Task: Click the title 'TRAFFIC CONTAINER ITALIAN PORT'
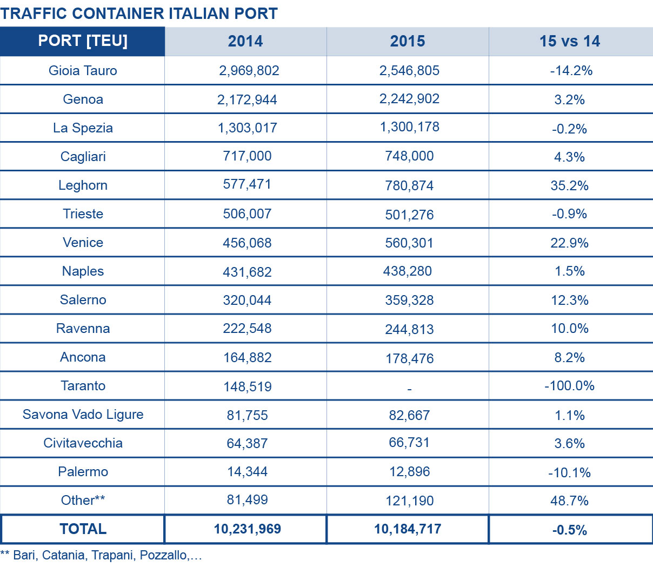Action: (x=139, y=14)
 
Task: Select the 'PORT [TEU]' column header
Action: (x=83, y=41)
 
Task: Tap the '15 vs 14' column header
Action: (x=570, y=41)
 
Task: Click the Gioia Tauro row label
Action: (x=83, y=70)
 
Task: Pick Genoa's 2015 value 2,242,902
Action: (x=409, y=99)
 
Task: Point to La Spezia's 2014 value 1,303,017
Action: (x=247, y=128)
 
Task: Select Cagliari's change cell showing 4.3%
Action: (x=570, y=157)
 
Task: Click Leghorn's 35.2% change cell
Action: (x=570, y=185)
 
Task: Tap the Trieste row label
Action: (x=83, y=214)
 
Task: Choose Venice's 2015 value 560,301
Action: (x=409, y=243)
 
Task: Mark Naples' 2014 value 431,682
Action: (x=247, y=271)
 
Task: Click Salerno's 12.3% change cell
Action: (x=570, y=300)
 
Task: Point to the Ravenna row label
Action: (x=83, y=328)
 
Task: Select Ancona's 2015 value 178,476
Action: (x=409, y=358)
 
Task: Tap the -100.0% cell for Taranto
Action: (x=570, y=385)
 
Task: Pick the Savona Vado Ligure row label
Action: (x=83, y=414)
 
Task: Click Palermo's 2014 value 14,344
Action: (x=247, y=471)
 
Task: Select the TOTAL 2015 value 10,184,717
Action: (x=408, y=529)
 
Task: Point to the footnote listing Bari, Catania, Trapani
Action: (x=101, y=555)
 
